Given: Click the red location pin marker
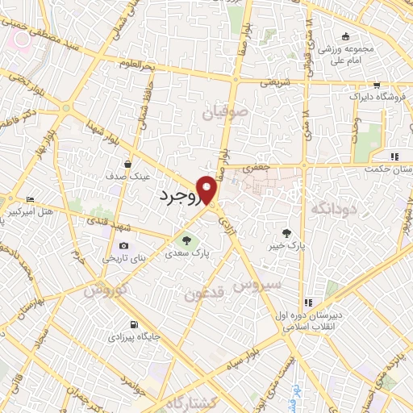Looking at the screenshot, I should point(207,189).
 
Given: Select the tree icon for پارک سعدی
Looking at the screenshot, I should point(187,240).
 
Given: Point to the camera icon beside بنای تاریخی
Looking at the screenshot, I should point(123,245).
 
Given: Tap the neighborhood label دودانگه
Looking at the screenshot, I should point(330,210).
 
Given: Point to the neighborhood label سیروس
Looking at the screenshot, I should point(257,285).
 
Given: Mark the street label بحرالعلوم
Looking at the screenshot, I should point(135,63).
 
